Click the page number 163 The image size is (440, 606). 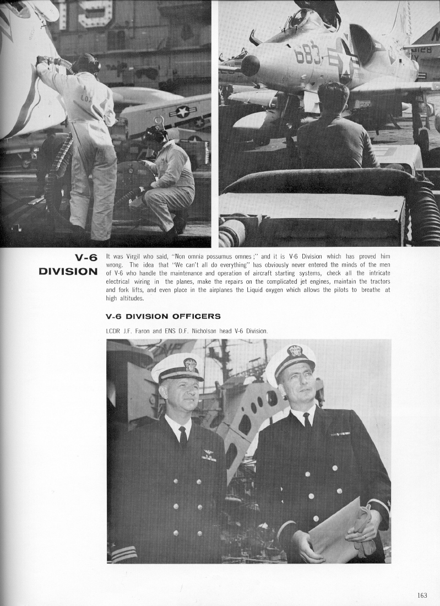(422, 595)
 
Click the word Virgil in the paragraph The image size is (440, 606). (135, 257)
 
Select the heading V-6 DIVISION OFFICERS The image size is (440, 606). (163, 316)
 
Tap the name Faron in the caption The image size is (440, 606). (142, 331)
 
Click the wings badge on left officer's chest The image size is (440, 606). (209, 455)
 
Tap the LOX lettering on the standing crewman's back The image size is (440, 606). (87, 98)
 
